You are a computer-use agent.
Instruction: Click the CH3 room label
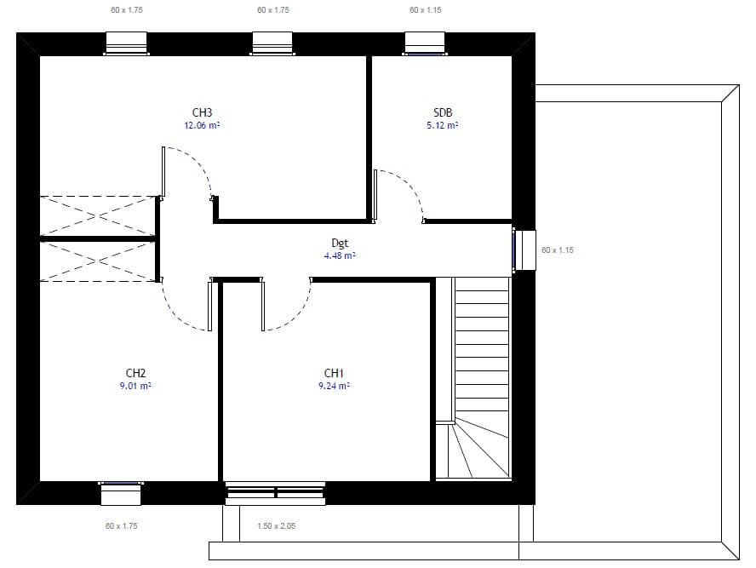click(202, 112)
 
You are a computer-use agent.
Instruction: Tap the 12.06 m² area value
click(202, 125)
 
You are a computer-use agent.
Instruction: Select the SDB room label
click(443, 112)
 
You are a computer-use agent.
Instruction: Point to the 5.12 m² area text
click(442, 125)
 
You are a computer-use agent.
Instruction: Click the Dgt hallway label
click(340, 243)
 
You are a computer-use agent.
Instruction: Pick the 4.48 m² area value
click(340, 255)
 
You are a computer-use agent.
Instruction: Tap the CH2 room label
click(135, 373)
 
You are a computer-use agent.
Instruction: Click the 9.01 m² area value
click(135, 386)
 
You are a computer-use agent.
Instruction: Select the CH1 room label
click(334, 373)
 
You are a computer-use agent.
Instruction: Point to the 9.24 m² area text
click(334, 386)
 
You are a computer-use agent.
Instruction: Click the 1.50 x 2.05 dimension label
click(277, 525)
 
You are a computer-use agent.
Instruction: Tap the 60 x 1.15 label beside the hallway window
click(558, 250)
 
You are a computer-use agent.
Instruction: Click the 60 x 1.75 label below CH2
click(122, 525)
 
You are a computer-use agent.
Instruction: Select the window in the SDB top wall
click(425, 44)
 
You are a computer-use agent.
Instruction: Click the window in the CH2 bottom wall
click(121, 493)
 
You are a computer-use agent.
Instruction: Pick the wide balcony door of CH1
click(275, 493)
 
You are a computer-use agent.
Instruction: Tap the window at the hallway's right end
click(524, 250)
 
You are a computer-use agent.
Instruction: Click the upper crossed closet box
click(98, 216)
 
